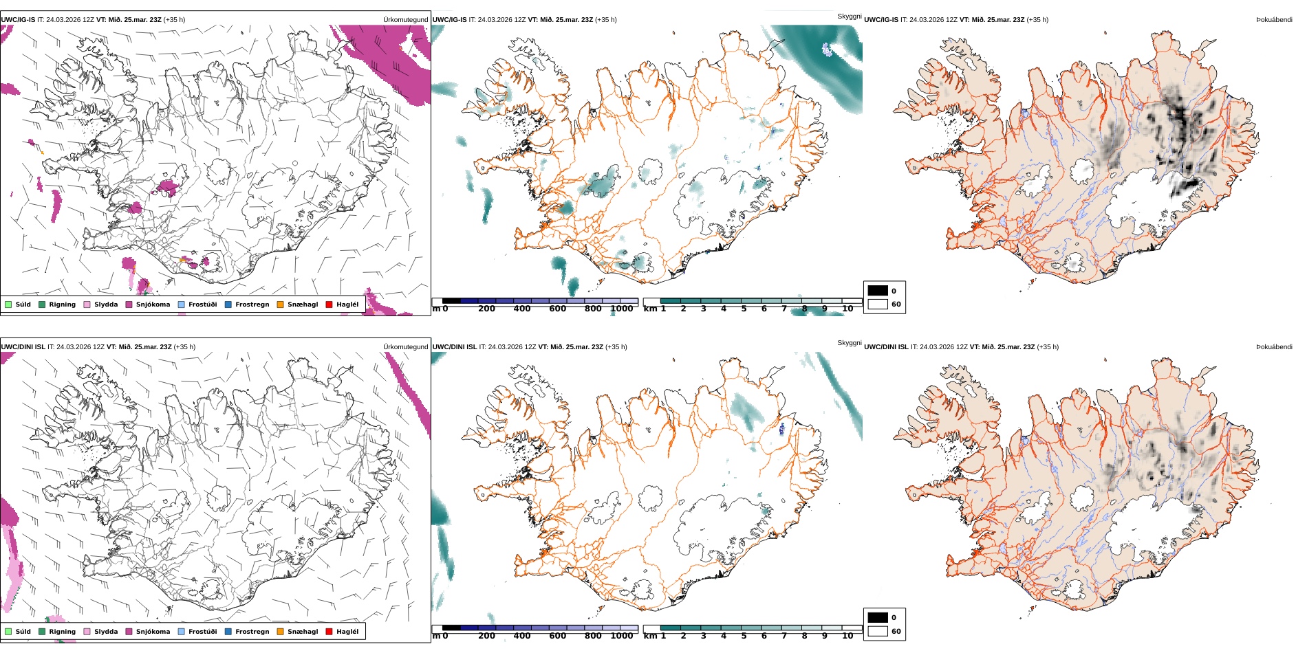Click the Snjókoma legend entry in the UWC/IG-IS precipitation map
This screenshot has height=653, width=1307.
coord(148,305)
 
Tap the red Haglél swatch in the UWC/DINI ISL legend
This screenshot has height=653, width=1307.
coord(329,632)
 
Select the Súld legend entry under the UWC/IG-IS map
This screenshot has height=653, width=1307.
coord(18,305)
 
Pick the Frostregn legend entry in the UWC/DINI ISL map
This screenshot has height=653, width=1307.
coord(247,632)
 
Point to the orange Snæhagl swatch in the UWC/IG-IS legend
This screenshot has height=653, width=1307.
coord(280,305)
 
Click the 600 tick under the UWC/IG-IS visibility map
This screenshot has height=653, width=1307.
coord(558,309)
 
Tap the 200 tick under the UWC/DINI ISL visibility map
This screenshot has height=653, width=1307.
coord(486,637)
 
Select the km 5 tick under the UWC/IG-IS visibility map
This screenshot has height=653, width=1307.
coord(744,309)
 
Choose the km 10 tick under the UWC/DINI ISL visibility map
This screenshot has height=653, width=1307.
coord(847,637)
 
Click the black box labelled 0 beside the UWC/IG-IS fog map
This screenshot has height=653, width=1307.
coord(878,291)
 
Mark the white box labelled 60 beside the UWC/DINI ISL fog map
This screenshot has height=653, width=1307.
coord(878,631)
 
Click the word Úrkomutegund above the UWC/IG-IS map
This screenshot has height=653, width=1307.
coord(406,20)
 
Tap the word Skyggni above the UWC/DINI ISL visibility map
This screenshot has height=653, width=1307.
coord(850,343)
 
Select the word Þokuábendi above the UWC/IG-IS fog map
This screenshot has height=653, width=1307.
coord(1274,20)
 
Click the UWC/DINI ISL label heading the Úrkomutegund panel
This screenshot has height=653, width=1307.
coord(23,347)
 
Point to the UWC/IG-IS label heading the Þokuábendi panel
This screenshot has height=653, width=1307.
coord(881,20)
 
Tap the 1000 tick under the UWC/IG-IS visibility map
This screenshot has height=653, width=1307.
coord(621,309)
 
